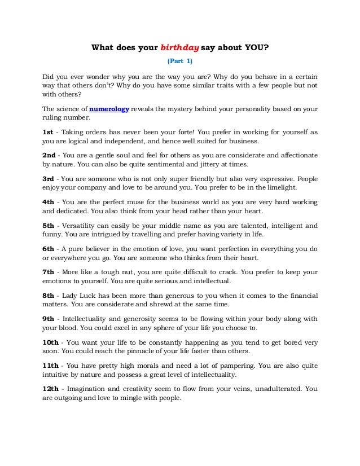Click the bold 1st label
[49, 131]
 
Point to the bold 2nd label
[50, 154]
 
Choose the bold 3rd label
[49, 178]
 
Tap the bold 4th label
[49, 201]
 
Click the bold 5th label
[49, 225]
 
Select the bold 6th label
[49, 248]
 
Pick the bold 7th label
[49, 271]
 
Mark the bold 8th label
[49, 295]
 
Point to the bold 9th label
[49, 318]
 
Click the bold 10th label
[51, 341]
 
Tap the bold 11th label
[51, 365]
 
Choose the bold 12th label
[51, 388]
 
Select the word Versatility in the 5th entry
[80, 225]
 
